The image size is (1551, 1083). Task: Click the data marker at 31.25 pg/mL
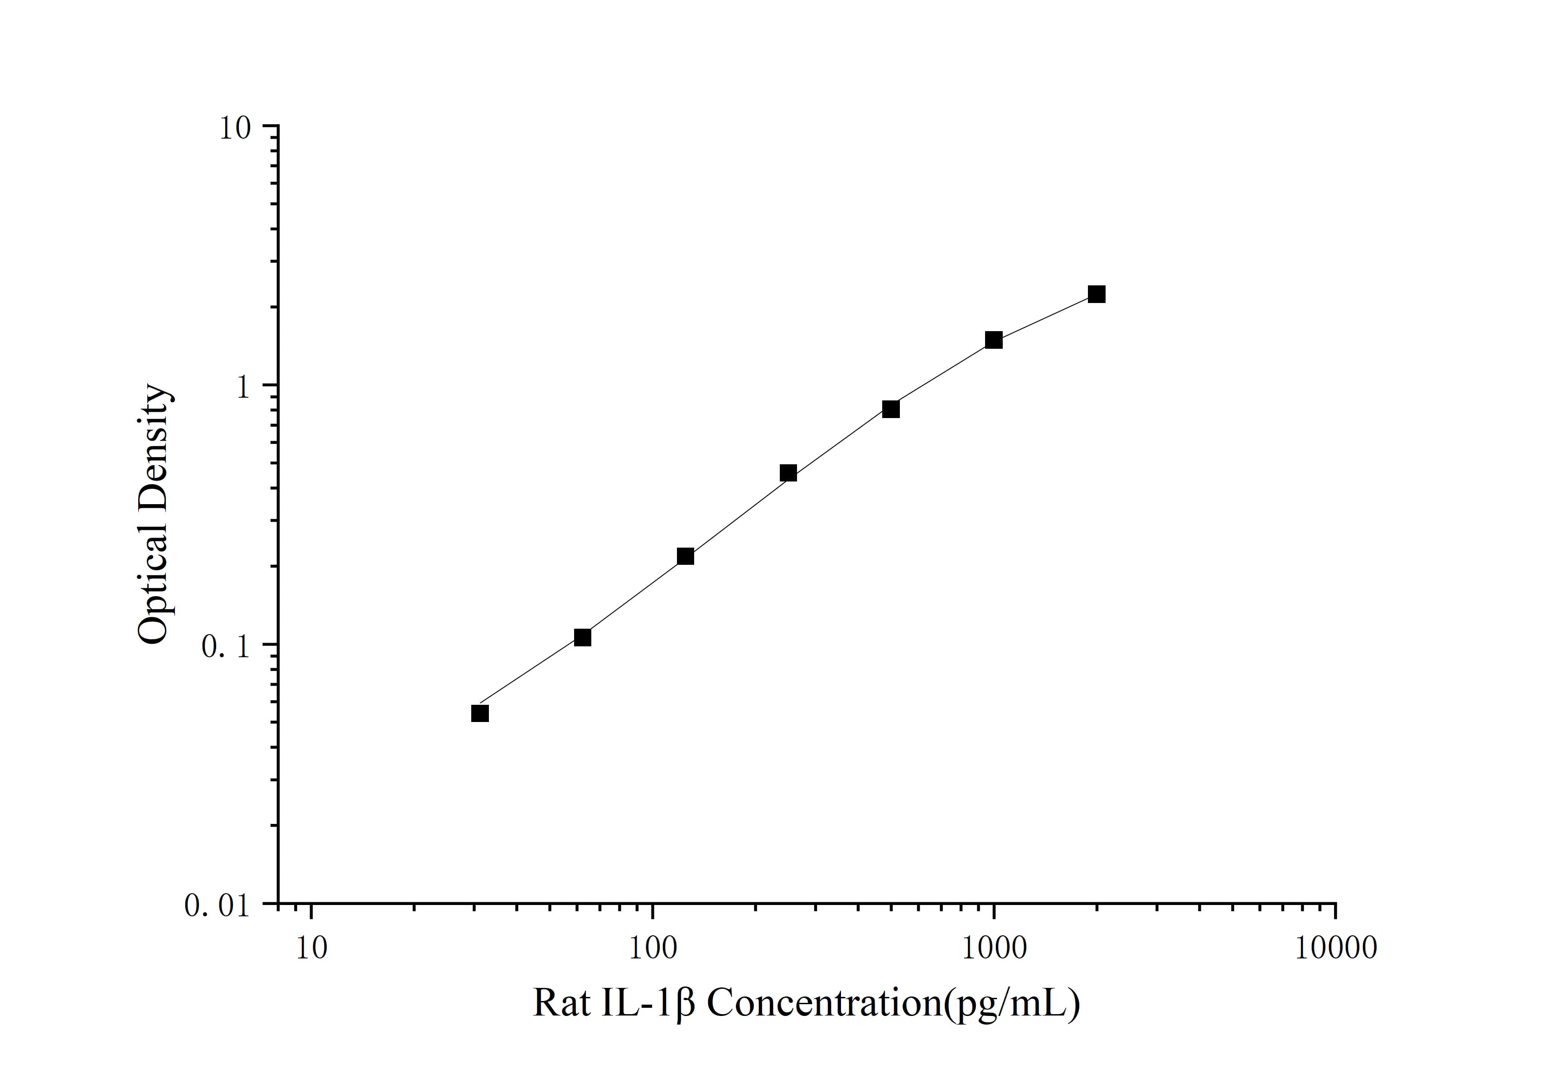tap(480, 714)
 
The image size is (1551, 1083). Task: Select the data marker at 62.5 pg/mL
tap(582, 637)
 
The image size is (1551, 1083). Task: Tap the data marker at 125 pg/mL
tap(685, 556)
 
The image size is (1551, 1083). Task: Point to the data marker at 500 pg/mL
tap(891, 409)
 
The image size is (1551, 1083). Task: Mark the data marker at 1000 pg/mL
tap(994, 340)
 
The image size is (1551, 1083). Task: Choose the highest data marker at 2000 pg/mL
tap(1097, 294)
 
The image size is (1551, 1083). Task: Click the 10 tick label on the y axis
tap(234, 128)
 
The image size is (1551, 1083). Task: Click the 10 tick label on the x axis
tap(311, 948)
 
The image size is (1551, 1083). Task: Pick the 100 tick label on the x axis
tap(652, 948)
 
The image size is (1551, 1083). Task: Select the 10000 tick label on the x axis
tap(1335, 948)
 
